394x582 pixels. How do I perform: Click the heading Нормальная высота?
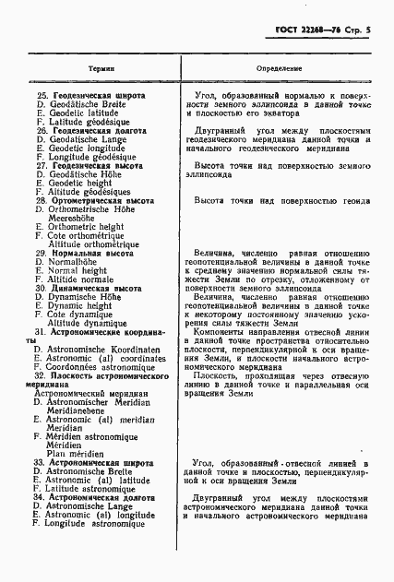[x=87, y=252]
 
